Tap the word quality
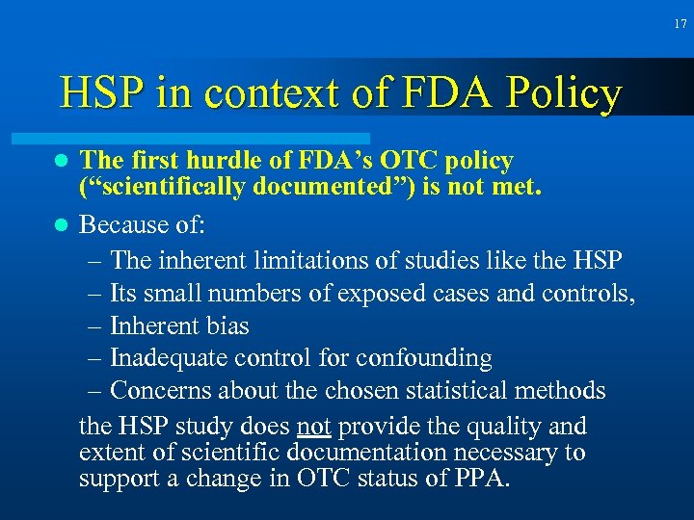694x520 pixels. tap(491, 427)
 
